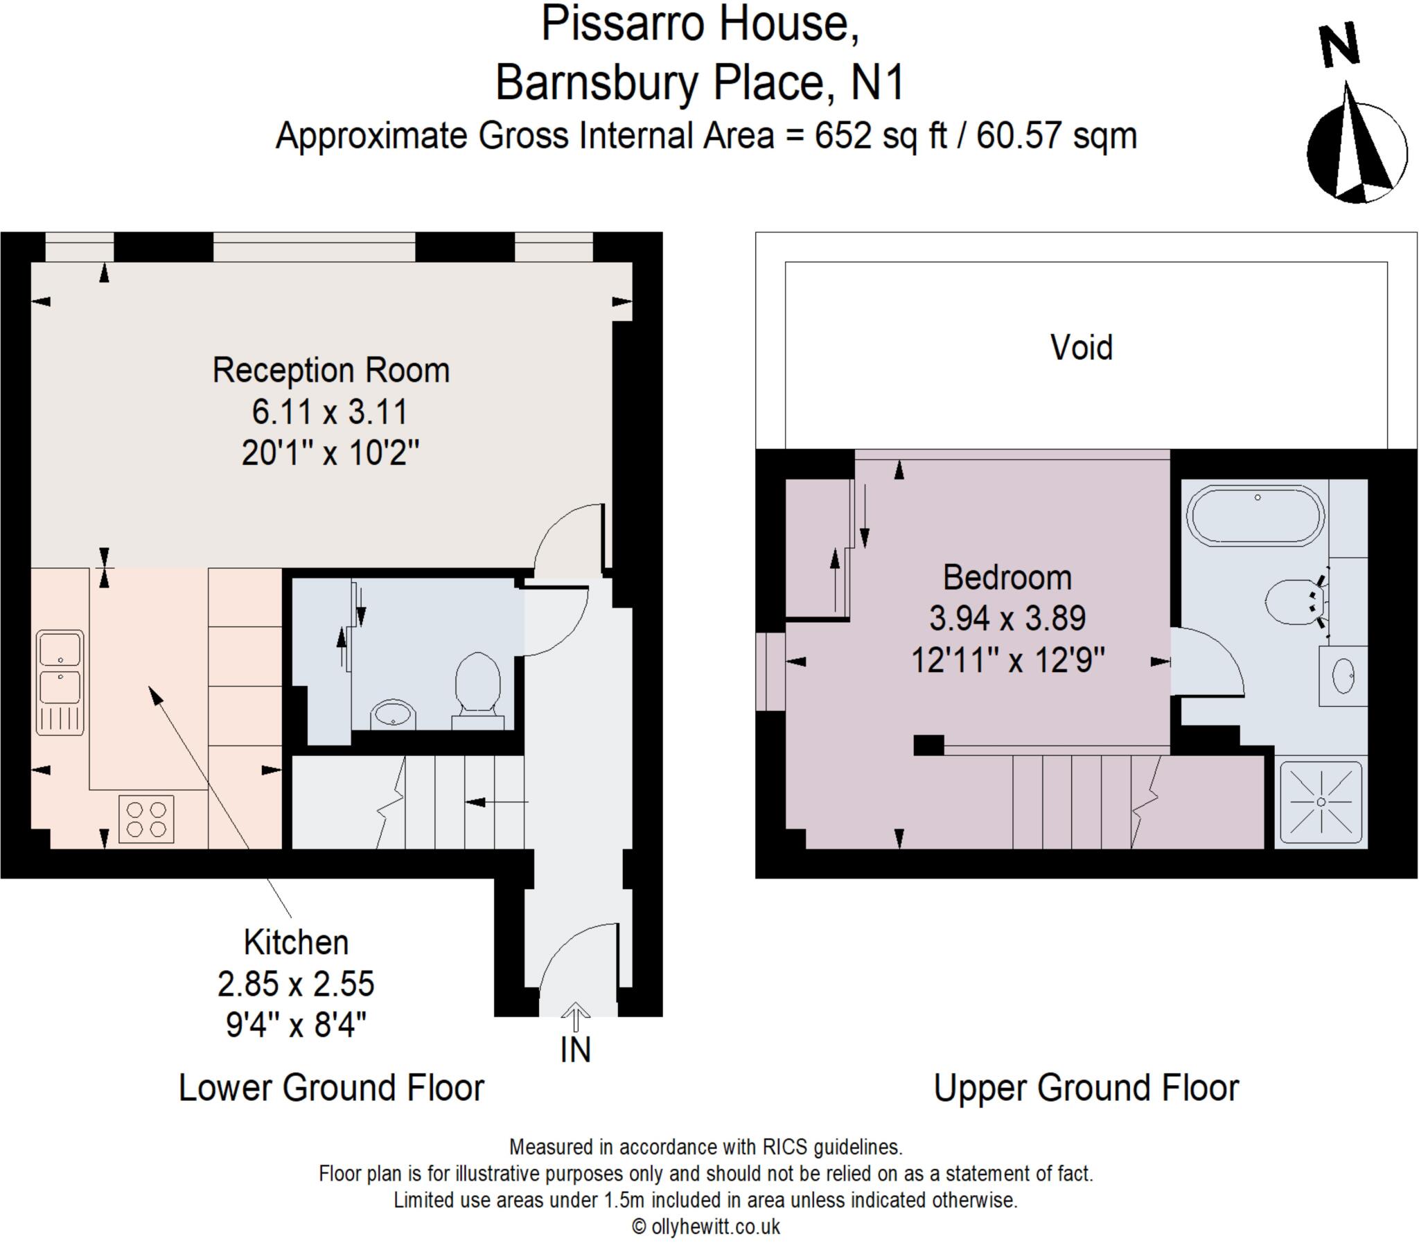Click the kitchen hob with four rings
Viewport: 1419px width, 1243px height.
point(146,819)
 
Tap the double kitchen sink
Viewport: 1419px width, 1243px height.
point(60,682)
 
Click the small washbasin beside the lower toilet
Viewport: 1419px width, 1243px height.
point(394,714)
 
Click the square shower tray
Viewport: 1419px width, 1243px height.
point(1321,802)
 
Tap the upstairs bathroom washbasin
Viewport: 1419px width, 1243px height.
point(1343,676)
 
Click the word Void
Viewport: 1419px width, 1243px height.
point(1082,348)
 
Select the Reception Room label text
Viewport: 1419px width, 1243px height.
point(330,371)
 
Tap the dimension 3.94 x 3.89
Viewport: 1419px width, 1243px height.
point(1007,618)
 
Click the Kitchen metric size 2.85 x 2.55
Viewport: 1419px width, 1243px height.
point(296,984)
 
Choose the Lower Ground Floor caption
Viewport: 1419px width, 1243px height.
point(330,1088)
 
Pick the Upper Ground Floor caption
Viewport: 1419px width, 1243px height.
point(1086,1088)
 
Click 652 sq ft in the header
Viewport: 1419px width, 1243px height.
point(880,135)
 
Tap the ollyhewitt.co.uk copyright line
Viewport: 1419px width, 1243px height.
point(706,1226)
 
